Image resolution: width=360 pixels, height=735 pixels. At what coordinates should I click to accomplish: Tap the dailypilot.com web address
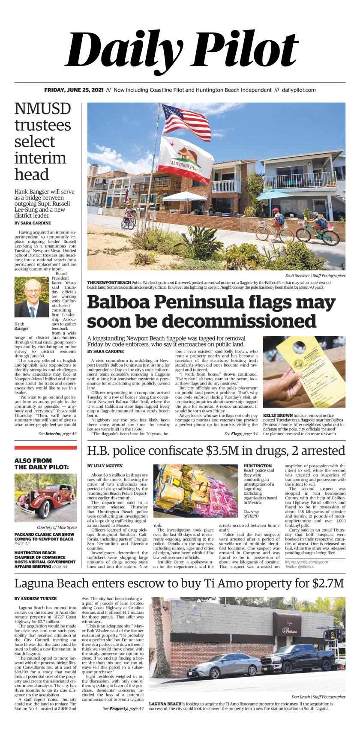pyautogui.click(x=299, y=90)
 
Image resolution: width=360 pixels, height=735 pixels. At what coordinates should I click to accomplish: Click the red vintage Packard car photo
pyautogui.click(x=45, y=497)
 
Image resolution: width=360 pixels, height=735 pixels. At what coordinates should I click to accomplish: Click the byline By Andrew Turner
pyautogui.click(x=36, y=598)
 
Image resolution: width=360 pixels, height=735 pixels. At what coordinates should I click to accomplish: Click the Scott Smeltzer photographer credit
pyautogui.click(x=315, y=275)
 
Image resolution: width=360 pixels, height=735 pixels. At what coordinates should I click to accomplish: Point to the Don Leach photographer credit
pyautogui.click(x=318, y=696)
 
